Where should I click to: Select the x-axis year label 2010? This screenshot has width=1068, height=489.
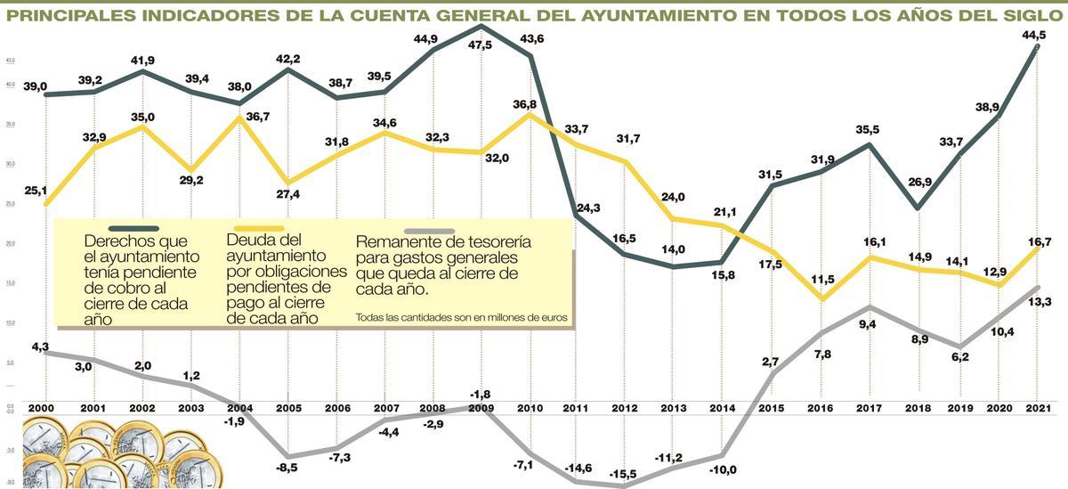530,408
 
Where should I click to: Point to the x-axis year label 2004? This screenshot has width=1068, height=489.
240,408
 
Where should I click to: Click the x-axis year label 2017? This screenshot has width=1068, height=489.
869,408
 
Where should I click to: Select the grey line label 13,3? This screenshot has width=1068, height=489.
1038,301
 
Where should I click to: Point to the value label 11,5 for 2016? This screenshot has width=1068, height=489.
824,281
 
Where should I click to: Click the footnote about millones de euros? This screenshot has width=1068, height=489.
460,316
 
